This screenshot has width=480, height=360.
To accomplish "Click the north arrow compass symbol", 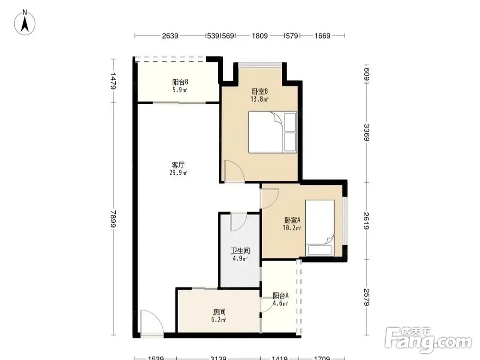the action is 25,23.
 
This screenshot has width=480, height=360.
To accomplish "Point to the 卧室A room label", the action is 292,220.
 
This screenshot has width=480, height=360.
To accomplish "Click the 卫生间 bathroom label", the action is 240,251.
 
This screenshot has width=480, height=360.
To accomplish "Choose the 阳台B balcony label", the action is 180,82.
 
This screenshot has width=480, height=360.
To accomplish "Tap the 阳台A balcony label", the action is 280,296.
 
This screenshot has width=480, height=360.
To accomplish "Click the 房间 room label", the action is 219,312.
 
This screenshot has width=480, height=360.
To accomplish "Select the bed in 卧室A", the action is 320,228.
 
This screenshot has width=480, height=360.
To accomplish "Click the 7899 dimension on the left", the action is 114,218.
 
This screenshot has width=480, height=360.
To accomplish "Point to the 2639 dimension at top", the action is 170,36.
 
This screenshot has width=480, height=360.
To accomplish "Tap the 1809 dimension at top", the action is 260,36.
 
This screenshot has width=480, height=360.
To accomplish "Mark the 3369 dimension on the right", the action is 366,132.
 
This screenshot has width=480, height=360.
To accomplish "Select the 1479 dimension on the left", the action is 114,81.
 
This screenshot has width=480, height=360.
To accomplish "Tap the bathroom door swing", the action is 239,222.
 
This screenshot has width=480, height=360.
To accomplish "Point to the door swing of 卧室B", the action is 234,171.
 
